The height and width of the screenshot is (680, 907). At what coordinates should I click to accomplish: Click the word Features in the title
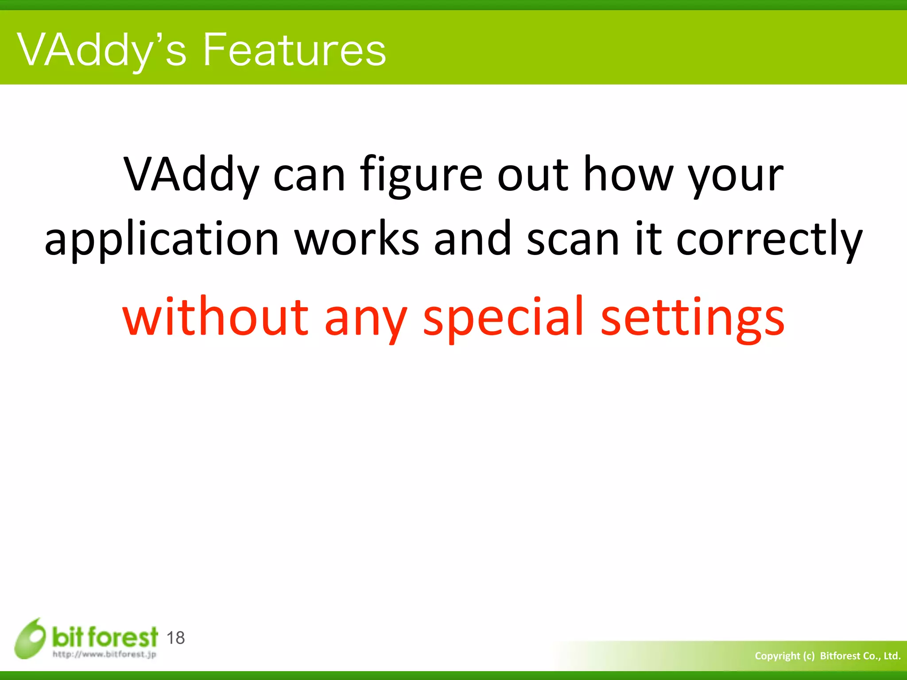point(294,50)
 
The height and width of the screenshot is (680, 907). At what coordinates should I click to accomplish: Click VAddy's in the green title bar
point(102,50)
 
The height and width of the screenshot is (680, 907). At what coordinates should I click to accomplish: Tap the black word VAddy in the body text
point(190,175)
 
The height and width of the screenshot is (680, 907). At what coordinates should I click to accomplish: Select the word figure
point(421,175)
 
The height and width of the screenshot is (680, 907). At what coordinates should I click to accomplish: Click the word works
point(357,239)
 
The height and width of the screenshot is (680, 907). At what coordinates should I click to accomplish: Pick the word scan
point(573,239)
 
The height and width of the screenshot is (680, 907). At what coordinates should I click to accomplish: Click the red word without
point(215,317)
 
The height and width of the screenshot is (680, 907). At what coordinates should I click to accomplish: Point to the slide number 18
point(175,638)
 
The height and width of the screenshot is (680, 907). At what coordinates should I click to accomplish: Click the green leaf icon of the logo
point(30,638)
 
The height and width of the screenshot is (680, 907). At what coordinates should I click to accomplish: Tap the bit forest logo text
point(105,637)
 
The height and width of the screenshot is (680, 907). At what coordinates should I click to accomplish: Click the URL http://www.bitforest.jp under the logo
point(105,654)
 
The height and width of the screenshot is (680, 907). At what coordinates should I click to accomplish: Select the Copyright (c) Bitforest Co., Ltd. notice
point(827,656)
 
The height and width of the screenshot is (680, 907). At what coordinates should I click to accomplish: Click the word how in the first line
point(628,175)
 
